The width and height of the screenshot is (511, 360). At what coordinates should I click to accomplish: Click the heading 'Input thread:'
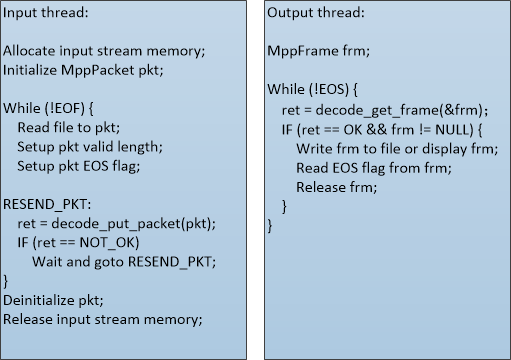click(46, 13)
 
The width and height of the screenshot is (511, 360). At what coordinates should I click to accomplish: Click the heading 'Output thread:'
click(316, 13)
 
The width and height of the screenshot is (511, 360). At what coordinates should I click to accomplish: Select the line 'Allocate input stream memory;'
click(104, 51)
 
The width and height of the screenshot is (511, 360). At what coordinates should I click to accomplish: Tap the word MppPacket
click(97, 71)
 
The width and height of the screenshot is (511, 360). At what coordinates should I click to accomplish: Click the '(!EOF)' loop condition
click(64, 109)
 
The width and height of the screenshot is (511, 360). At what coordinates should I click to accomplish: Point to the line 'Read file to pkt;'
click(69, 128)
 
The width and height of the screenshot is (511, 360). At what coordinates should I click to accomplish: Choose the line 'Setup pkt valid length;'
click(90, 147)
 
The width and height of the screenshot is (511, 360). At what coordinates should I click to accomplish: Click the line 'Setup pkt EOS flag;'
click(79, 166)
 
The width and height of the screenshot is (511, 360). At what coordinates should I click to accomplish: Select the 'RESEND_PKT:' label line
click(47, 205)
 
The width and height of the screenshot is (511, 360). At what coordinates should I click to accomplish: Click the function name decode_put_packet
click(116, 224)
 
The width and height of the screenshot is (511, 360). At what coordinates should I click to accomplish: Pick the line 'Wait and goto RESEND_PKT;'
click(124, 262)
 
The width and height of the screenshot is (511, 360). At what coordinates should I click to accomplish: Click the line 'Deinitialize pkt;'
click(53, 301)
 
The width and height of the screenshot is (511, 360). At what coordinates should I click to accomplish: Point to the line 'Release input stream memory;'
click(103, 320)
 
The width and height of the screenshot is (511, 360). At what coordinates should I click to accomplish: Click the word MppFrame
click(303, 51)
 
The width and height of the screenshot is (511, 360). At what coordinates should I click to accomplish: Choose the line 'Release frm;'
click(337, 187)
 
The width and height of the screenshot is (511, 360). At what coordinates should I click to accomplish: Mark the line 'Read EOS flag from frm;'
click(374, 168)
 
